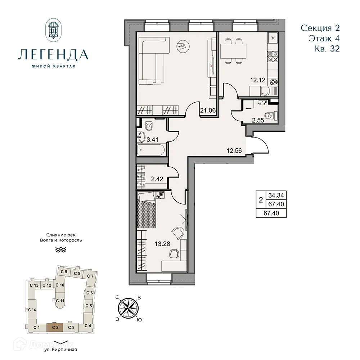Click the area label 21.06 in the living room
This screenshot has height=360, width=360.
click(x=208, y=111)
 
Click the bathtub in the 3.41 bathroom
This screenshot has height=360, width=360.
click(x=151, y=150)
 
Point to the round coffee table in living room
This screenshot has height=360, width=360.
click(x=181, y=45)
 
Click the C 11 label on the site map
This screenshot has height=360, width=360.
click(x=60, y=301)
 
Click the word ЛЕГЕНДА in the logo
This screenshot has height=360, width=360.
click(x=53, y=54)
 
